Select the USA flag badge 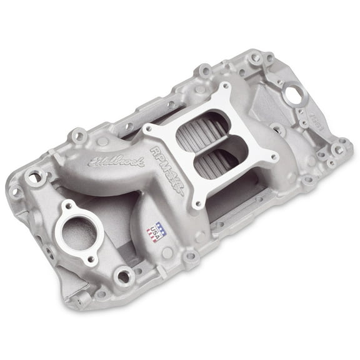coord(155,232)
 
